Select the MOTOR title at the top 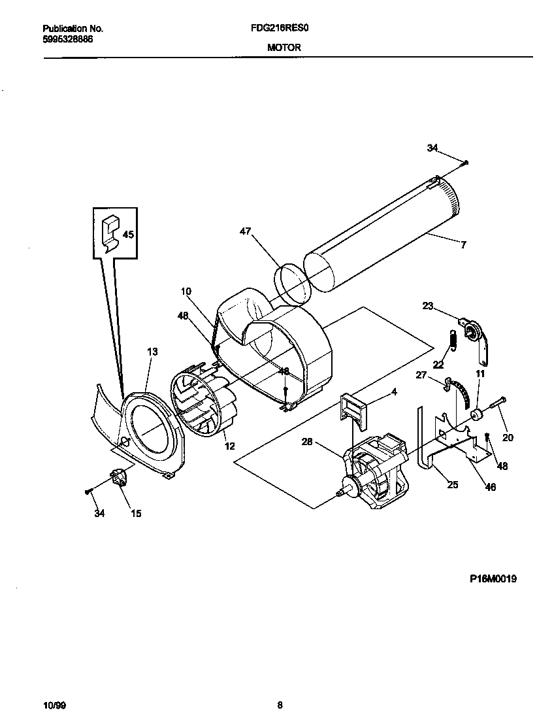(283, 48)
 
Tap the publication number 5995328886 (67, 39)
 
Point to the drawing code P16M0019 (493, 578)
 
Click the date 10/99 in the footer (54, 705)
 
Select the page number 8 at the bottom (280, 705)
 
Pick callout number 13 (152, 352)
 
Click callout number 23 (428, 305)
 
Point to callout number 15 (136, 514)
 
